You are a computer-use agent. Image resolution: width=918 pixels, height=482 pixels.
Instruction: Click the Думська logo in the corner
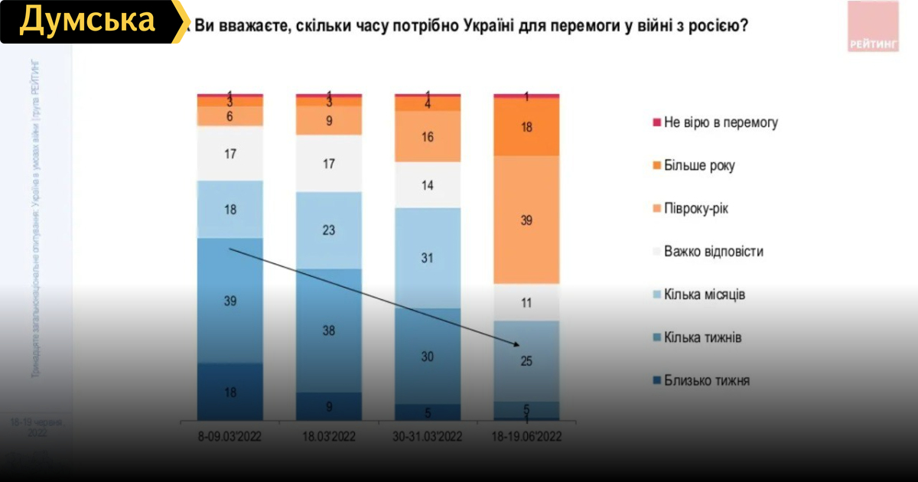(x=87, y=21)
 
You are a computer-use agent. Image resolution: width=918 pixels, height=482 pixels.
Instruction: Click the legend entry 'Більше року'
(x=700, y=165)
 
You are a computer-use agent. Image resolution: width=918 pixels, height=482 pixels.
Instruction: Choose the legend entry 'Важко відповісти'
(x=714, y=251)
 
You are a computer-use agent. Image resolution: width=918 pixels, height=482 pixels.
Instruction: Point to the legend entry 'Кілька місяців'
(x=705, y=295)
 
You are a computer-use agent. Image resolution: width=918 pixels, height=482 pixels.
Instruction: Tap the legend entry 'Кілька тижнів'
(x=702, y=337)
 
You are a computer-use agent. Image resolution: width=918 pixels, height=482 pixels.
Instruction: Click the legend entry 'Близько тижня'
(x=707, y=380)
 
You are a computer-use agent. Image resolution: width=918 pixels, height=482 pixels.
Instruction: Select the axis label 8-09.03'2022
(x=229, y=436)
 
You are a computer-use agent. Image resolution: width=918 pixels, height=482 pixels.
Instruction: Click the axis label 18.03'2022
(x=329, y=436)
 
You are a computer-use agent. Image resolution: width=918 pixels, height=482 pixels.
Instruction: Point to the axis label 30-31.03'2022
(x=428, y=436)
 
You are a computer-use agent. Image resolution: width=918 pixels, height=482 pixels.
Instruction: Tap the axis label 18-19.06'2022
(x=526, y=436)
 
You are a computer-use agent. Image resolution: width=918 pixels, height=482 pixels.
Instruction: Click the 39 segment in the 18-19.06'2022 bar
(x=526, y=220)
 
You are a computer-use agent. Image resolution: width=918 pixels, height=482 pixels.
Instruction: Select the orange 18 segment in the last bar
(x=526, y=128)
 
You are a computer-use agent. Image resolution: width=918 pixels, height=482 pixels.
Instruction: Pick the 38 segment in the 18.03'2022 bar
(x=329, y=331)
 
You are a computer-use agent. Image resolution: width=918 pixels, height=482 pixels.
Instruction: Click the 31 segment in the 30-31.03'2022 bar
(x=428, y=258)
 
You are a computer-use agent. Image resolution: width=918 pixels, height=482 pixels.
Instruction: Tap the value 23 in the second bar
(x=329, y=230)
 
